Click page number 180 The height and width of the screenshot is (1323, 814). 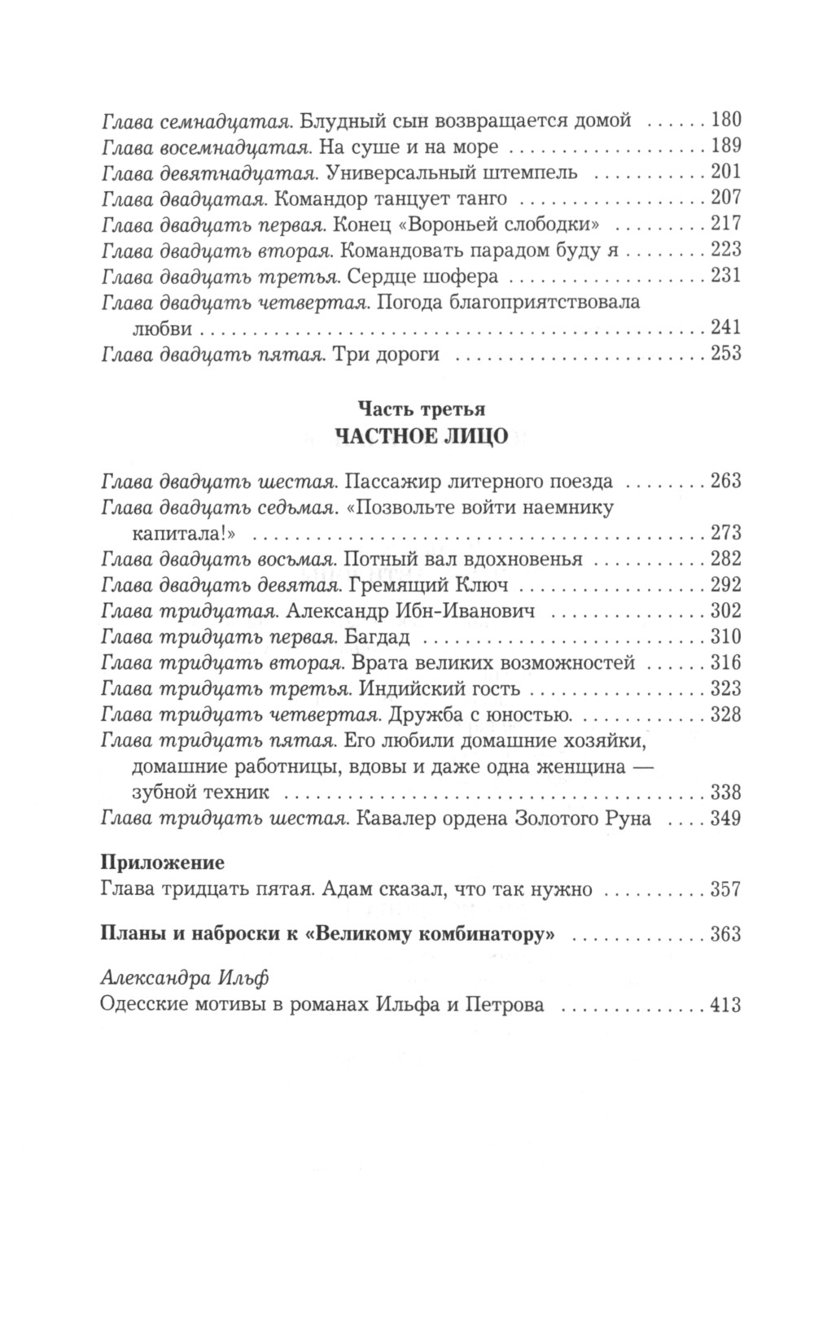coord(726,120)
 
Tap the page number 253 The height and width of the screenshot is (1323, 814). coord(726,353)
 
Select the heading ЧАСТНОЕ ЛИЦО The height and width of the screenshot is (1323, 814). coord(421,436)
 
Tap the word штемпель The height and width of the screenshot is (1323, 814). coord(530,172)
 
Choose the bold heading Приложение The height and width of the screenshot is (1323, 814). coord(161,860)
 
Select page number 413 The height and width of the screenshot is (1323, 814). coord(726,1005)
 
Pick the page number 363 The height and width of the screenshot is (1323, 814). coord(726,933)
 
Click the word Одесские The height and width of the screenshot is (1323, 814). coord(143,1005)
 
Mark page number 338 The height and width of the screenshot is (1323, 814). coord(726,792)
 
